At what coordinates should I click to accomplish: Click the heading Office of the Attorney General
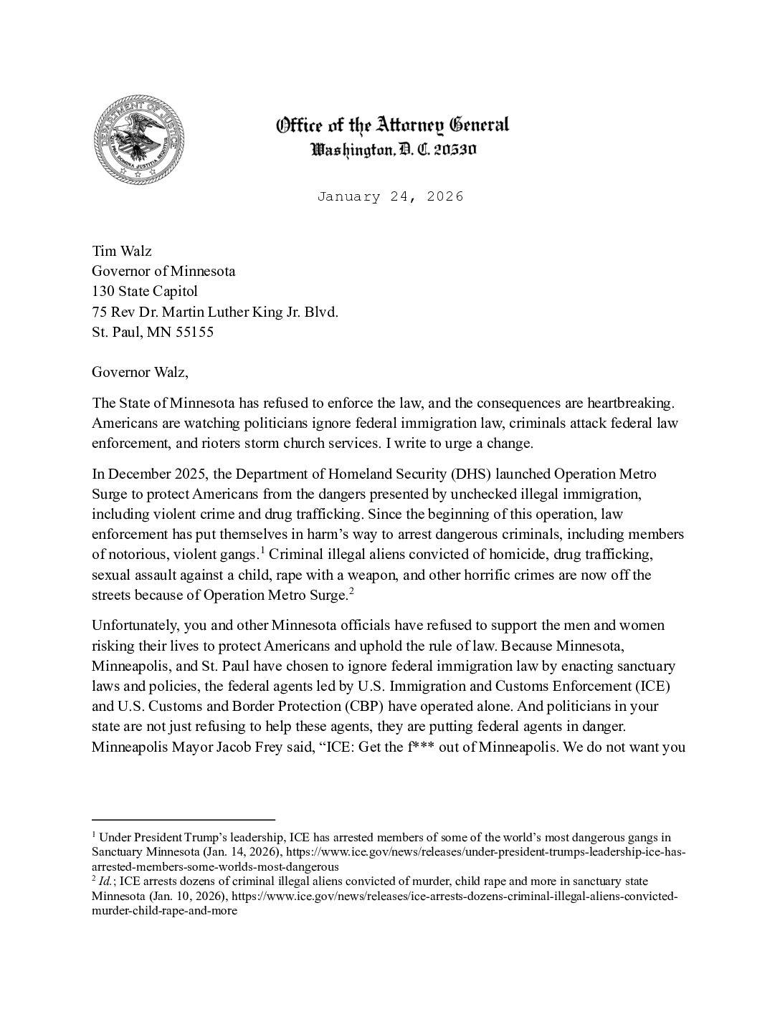[393, 125]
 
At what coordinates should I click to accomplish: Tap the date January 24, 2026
[391, 196]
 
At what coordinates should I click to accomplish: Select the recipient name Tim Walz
[122, 252]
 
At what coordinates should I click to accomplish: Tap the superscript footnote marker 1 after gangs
[263, 550]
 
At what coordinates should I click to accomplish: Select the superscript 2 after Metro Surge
[351, 590]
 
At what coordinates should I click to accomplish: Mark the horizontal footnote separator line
[184, 819]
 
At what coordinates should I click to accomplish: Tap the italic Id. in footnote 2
[106, 881]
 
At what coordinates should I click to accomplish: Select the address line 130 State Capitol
[145, 292]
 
